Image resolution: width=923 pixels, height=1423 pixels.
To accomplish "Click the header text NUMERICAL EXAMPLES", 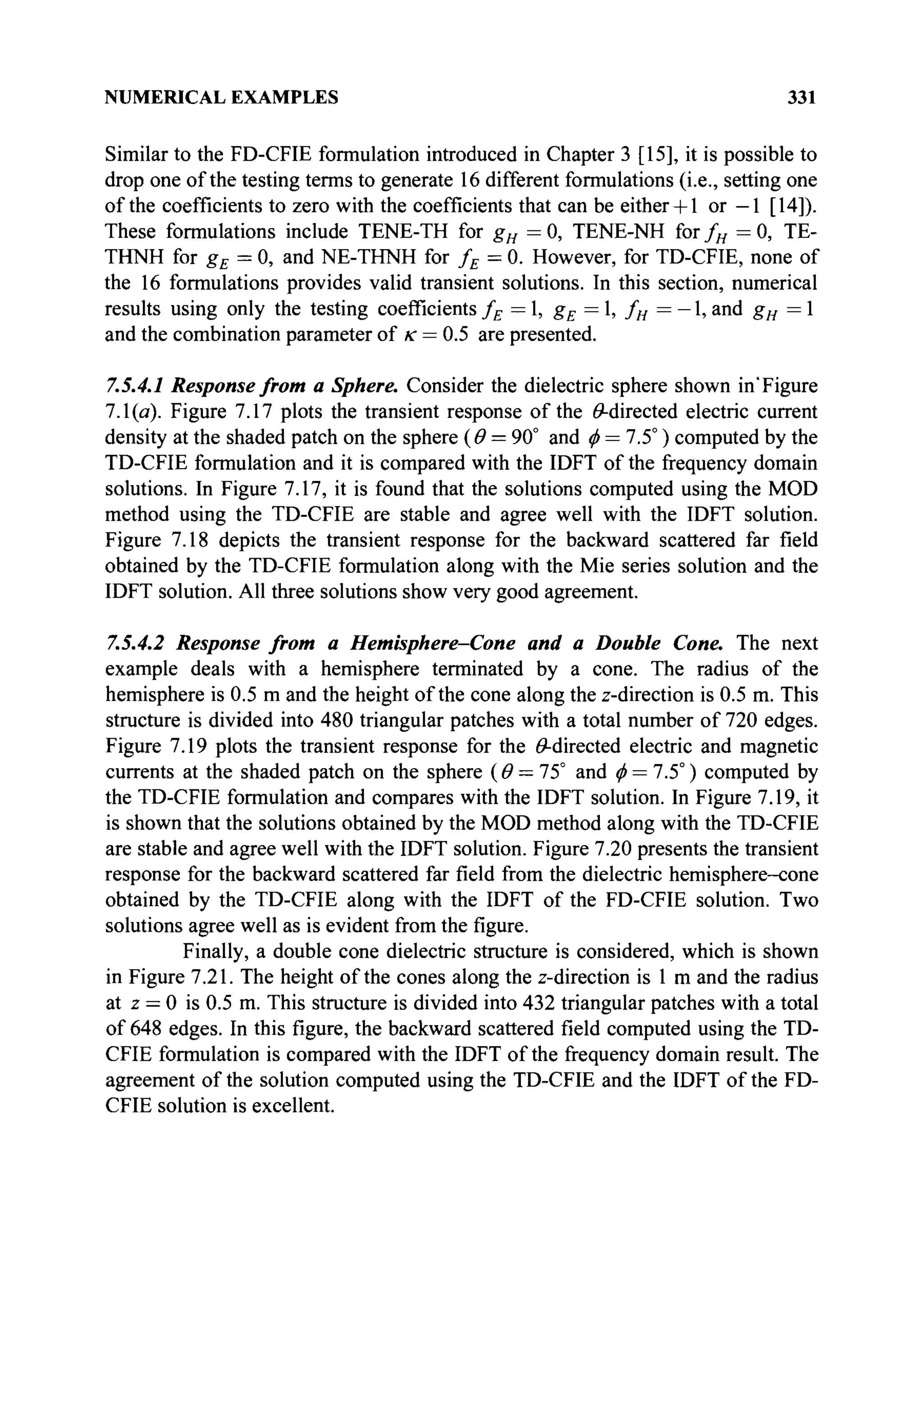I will click(x=221, y=97).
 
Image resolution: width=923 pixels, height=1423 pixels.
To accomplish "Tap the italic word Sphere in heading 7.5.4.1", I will click(x=369, y=386).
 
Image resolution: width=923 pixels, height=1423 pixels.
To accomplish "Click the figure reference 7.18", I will click(x=192, y=540).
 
